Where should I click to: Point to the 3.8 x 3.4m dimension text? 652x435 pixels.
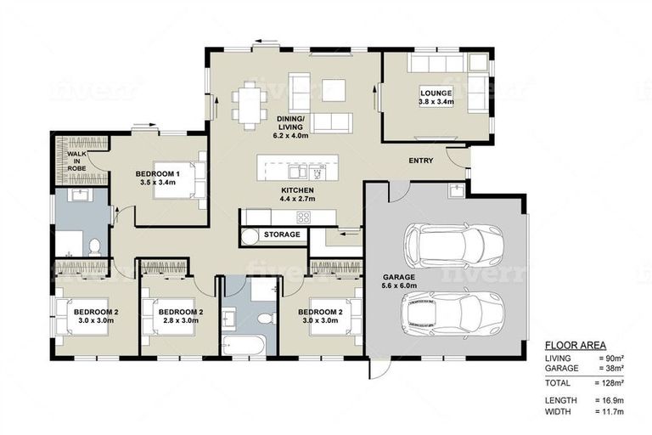coord(436,102)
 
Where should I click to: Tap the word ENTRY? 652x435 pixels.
coord(420,161)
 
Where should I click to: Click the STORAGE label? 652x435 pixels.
coord(282,234)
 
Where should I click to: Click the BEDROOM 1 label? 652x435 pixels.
coord(156,173)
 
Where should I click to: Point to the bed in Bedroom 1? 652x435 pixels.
coord(192,179)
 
